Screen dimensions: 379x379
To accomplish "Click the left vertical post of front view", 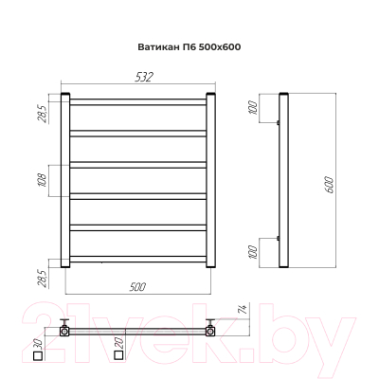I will pos(66,180).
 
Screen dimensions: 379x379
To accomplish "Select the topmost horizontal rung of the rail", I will pos(138,99).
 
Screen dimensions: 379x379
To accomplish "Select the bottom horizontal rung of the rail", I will pos(138,259).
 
